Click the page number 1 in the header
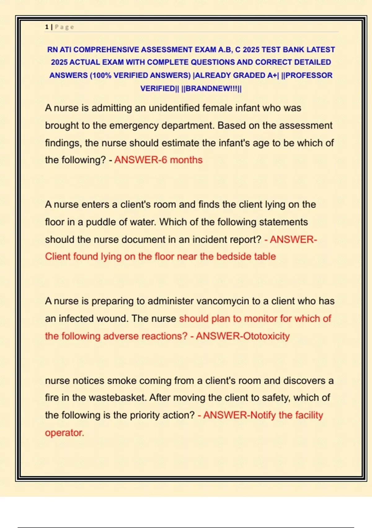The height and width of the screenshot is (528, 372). coord(46,27)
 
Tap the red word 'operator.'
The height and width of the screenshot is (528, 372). coord(64,433)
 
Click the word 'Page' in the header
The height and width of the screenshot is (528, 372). coord(64,27)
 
